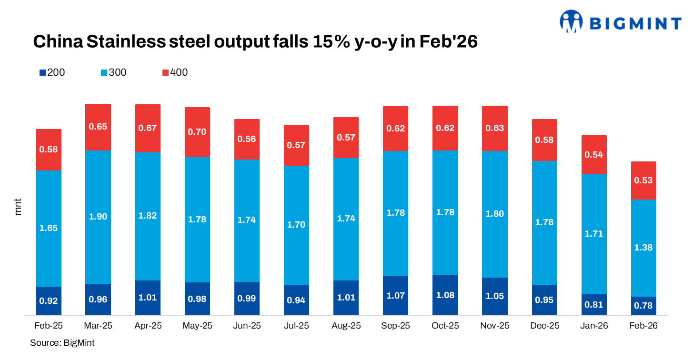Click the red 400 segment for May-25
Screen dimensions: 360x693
197,132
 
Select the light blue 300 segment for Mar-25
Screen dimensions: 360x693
98,217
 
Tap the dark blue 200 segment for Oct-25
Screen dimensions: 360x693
445,295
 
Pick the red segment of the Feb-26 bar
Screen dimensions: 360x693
643,180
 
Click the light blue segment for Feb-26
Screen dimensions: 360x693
643,248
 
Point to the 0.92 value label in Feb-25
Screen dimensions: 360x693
49,301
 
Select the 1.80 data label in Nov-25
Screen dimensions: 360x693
495,214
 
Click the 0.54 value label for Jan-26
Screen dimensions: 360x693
594,155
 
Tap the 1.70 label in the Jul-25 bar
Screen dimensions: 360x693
296,225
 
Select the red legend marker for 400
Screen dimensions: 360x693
165,73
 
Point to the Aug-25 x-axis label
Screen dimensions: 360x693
346,326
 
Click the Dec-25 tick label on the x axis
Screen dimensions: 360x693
544,326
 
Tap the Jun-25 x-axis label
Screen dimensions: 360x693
247,326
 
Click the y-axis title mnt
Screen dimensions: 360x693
19,208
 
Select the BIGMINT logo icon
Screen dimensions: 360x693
571,21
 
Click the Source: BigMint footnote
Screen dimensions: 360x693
62,343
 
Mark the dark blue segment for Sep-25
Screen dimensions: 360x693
396,296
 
